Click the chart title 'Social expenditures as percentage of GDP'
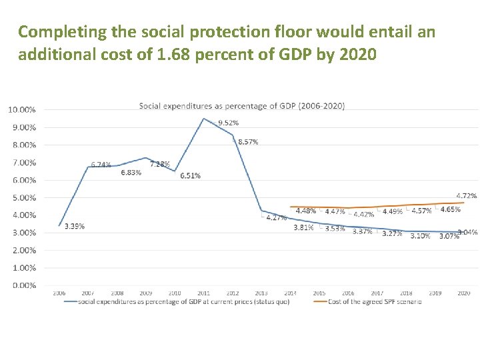242,106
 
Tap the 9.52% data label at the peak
228,123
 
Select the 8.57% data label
247,142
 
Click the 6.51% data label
190,176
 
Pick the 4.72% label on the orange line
467,196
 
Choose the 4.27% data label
276,218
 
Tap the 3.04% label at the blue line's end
467,233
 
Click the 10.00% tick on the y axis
22,110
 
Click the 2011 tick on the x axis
203,293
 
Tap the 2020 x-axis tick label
464,293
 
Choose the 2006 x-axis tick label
59,293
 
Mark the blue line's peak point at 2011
203,119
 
